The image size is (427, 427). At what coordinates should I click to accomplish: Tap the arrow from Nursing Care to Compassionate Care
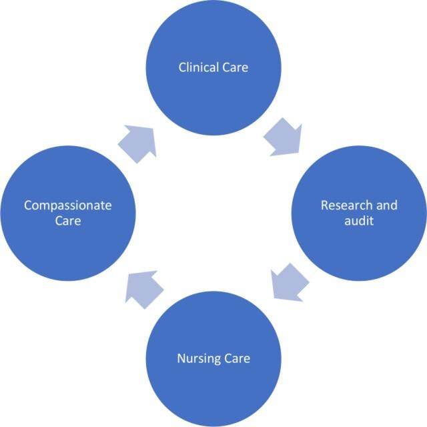click(144, 289)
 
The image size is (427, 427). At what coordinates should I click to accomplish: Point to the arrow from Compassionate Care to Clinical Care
click(137, 142)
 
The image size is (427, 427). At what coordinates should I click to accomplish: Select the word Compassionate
click(67, 205)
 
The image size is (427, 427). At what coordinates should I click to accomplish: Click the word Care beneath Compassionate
click(67, 220)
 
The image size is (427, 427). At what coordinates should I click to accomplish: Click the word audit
click(358, 220)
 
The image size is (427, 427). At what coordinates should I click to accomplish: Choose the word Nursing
click(199, 359)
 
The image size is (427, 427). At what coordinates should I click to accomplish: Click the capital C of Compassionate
click(28, 205)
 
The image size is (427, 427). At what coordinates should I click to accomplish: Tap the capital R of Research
click(325, 205)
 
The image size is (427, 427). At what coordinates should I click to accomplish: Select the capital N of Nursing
click(181, 359)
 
